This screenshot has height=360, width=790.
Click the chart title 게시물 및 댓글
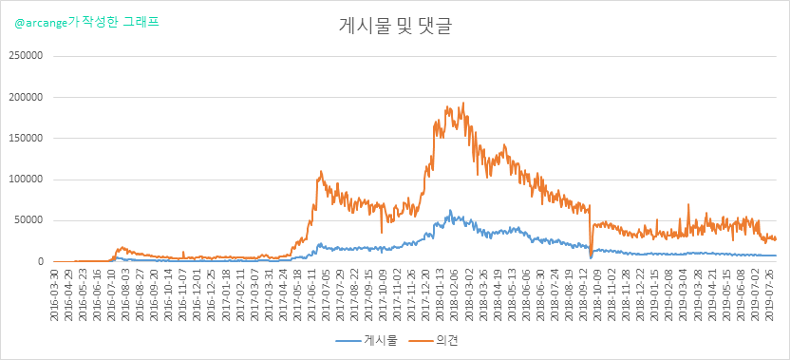tap(394, 27)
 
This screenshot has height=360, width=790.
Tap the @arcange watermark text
tap(86, 23)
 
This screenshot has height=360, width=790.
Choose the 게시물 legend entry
tap(367, 341)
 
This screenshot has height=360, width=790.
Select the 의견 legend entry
tap(432, 341)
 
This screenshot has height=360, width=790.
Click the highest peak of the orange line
tap(463, 103)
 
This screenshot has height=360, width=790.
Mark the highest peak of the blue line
tap(450, 210)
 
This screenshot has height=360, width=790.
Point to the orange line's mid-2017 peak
tap(321, 171)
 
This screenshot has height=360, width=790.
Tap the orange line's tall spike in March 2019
tap(688, 204)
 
